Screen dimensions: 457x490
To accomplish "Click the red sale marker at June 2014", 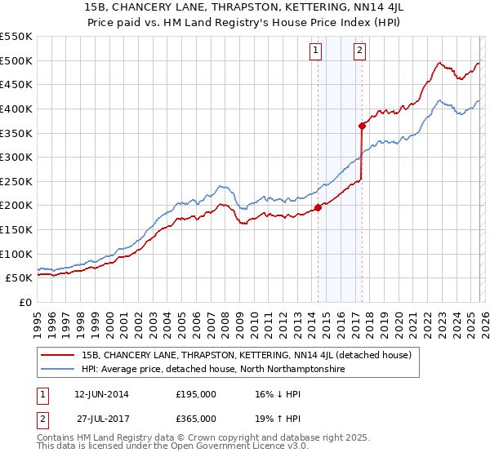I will point(318,207).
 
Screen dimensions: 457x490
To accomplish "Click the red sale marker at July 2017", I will point(362,126).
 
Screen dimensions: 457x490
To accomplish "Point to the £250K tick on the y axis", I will point(16,181).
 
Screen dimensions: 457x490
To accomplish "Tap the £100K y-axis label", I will point(16,254).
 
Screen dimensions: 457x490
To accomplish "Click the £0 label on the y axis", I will point(24,302).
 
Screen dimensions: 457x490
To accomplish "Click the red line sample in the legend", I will point(57,356).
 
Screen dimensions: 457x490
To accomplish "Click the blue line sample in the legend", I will point(57,370).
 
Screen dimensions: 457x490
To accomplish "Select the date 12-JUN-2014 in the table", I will point(101,393).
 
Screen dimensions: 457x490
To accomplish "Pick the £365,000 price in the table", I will point(196,418).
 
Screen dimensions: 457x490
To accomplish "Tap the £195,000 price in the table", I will point(196,393).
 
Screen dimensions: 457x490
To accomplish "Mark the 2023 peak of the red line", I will point(439,63).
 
